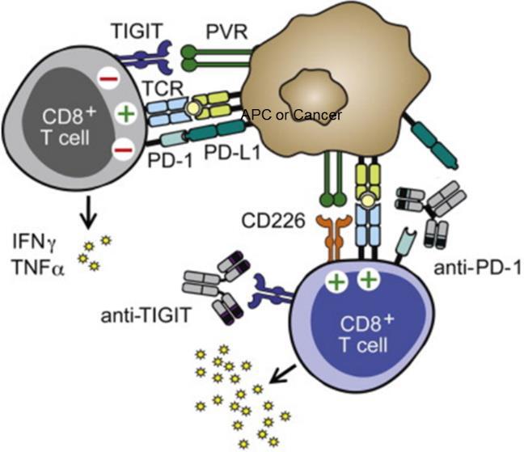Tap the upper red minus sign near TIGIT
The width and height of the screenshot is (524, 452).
coord(108,78)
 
